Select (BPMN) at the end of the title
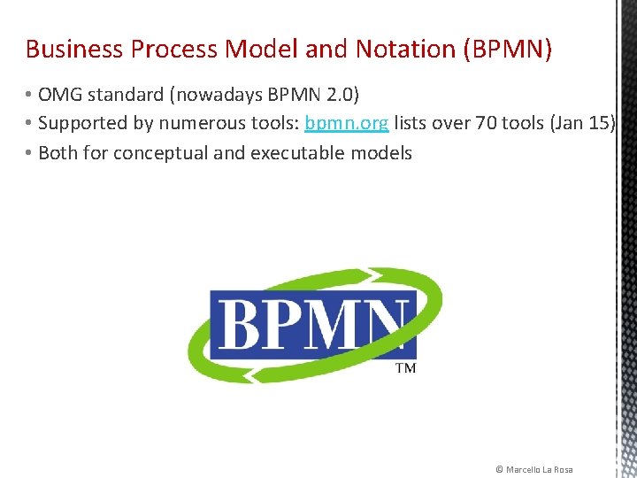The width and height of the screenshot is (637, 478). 507,49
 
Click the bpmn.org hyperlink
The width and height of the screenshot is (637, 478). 346,123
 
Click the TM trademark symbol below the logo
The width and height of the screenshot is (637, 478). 405,368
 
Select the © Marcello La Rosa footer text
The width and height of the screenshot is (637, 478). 534,469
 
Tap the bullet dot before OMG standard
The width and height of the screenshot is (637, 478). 29,93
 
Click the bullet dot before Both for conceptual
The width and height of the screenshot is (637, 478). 29,153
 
